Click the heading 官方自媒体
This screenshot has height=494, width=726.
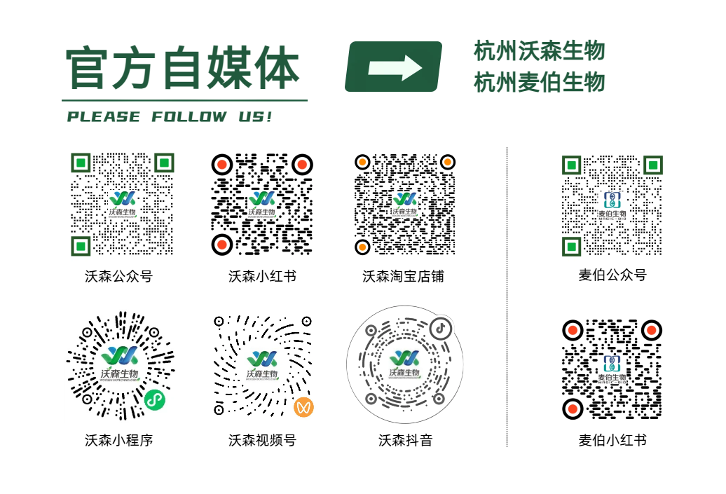[183, 68]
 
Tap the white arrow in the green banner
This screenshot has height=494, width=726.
[395, 67]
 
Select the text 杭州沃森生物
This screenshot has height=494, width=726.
[539, 51]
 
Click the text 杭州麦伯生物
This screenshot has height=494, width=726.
[539, 83]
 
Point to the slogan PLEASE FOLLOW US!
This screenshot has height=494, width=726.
[170, 117]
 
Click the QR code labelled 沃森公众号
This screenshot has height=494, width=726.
[122, 203]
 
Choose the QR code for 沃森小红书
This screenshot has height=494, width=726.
[262, 203]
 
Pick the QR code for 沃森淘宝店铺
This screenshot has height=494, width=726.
[404, 203]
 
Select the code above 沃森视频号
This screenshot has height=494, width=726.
[262, 364]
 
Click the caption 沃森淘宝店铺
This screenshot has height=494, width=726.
[403, 276]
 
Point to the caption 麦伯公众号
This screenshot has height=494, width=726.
[612, 275]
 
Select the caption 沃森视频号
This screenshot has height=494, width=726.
[262, 440]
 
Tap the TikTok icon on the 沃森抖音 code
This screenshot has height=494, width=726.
[440, 327]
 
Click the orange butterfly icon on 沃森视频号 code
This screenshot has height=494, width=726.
[303, 406]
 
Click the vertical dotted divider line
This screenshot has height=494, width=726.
[507, 294]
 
